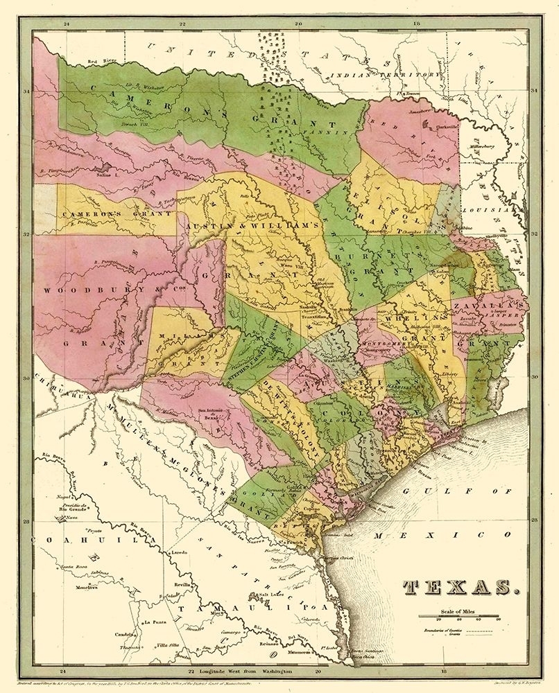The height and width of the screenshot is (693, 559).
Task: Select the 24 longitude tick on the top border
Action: tap(67, 24)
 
